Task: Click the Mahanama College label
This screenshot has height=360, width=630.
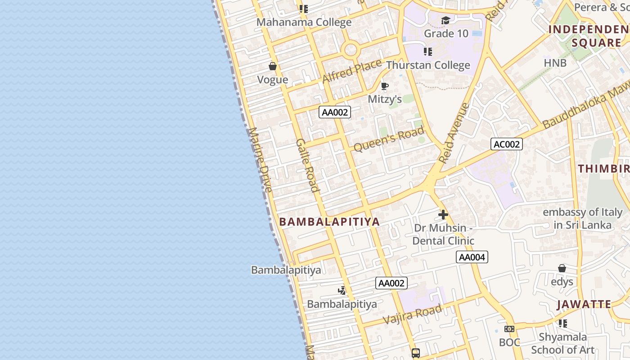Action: [x=304, y=22]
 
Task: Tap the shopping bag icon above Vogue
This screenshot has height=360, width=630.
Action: [x=272, y=67]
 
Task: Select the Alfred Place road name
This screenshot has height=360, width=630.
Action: [x=351, y=71]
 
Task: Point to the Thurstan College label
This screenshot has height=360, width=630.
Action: [x=428, y=65]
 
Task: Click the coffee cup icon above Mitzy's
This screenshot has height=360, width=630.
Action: [x=384, y=86]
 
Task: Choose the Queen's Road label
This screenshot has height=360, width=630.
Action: [x=389, y=139]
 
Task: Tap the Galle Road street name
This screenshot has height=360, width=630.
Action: [x=308, y=165]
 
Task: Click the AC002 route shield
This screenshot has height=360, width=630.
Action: [x=506, y=144]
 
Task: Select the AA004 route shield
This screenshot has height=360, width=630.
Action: [x=472, y=257]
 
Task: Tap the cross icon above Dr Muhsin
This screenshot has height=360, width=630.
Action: [x=443, y=215]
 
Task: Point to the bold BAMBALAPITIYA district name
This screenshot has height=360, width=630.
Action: [x=329, y=221]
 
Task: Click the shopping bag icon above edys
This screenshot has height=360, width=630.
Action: [x=562, y=269]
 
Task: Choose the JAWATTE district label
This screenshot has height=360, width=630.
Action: [x=584, y=304]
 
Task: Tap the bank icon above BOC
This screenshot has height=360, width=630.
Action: [x=509, y=329]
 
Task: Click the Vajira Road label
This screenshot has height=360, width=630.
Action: [x=412, y=314]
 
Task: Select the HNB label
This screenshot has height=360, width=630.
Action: [x=555, y=63]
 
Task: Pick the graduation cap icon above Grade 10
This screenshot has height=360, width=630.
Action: [x=445, y=20]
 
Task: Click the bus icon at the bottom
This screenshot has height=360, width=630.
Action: [x=416, y=353]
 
